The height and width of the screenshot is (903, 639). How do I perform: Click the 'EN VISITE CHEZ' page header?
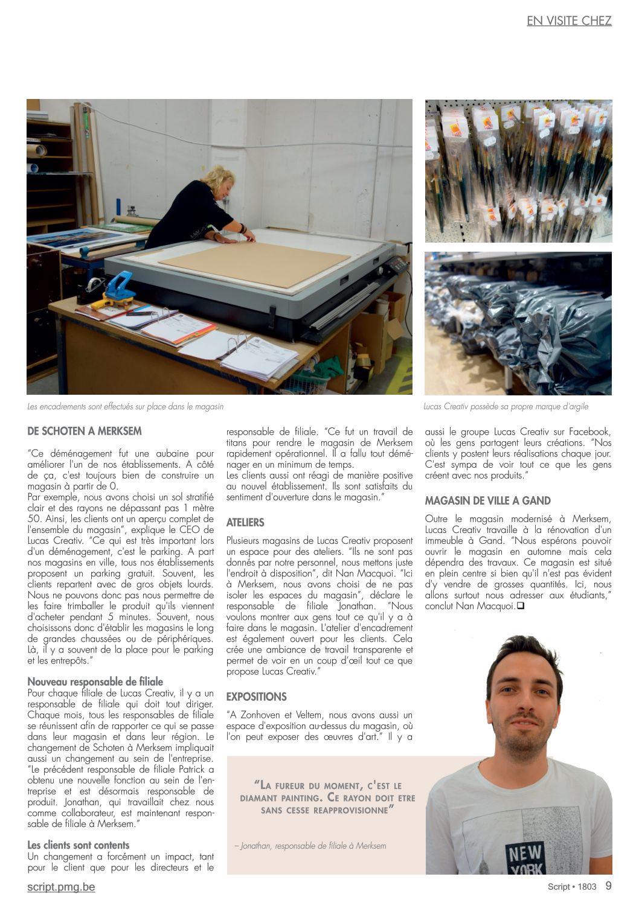[x=569, y=21]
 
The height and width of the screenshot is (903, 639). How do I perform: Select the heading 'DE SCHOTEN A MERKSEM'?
[x=85, y=431]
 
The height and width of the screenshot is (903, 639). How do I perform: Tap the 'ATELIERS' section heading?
[x=245, y=522]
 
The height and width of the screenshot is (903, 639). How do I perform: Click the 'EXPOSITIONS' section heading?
[x=256, y=697]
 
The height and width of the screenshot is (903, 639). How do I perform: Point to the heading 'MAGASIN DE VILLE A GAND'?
[x=487, y=500]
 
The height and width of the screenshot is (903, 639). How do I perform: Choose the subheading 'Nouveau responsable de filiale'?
[x=95, y=681]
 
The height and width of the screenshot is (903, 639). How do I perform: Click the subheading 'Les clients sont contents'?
[x=79, y=845]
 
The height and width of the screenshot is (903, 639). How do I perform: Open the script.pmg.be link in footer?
[x=61, y=887]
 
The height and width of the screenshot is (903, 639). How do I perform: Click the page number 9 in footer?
[x=608, y=885]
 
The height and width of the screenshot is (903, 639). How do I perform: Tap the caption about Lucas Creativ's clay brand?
[x=506, y=406]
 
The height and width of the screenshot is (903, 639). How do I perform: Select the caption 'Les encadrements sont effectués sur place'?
[x=126, y=407]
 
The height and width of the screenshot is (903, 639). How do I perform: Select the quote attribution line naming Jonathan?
[x=310, y=846]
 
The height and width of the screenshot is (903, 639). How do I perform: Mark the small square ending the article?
[x=520, y=606]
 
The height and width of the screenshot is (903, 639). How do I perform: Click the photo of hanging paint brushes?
[x=518, y=171]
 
